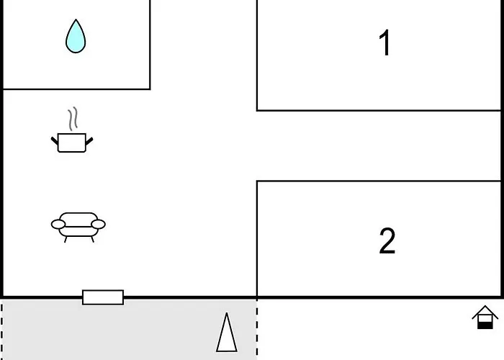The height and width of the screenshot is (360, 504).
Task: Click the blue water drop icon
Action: pyautogui.click(x=76, y=37)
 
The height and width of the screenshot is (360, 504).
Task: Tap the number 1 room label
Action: pyautogui.click(x=384, y=43)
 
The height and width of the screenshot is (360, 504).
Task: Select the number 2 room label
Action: pyautogui.click(x=387, y=240)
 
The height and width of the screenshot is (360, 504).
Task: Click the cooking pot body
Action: pyautogui.click(x=72, y=143)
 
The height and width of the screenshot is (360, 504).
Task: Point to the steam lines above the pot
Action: pyautogui.click(x=73, y=119)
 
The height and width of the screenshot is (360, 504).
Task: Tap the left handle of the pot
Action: pyautogui.click(x=55, y=141)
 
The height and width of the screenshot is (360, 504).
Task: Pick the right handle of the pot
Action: pyautogui.click(x=89, y=141)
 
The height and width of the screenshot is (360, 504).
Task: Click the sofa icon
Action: pyautogui.click(x=78, y=228)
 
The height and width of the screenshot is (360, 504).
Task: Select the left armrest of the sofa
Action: pyautogui.click(x=58, y=225)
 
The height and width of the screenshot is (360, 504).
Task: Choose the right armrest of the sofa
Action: pyautogui.click(x=98, y=224)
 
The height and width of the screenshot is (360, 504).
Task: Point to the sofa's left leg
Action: pyautogui.click(x=66, y=240)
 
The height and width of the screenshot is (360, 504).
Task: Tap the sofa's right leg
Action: pyautogui.click(x=93, y=240)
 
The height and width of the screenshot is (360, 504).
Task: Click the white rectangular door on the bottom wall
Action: pyautogui.click(x=103, y=297)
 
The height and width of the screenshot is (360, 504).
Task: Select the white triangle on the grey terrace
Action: pyautogui.click(x=227, y=333)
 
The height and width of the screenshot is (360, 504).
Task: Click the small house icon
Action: pyautogui.click(x=485, y=318)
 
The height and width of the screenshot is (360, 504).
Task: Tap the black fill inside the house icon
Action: pyautogui.click(x=485, y=325)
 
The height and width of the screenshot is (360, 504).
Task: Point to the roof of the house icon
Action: pyautogui.click(x=485, y=312)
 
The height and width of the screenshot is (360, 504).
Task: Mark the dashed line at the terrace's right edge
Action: pyautogui.click(x=257, y=330)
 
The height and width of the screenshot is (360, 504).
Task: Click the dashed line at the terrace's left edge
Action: pyautogui.click(x=2, y=330)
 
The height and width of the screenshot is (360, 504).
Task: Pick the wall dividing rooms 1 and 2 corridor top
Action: pyautogui.click(x=379, y=111)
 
